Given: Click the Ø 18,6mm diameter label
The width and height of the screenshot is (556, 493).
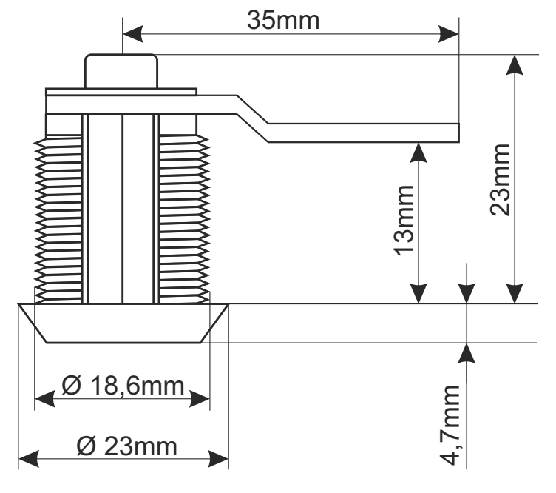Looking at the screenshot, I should (123, 386).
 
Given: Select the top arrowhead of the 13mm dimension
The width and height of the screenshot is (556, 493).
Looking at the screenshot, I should (419, 152).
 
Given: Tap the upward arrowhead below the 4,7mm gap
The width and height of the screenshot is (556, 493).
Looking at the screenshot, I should (467, 353).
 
